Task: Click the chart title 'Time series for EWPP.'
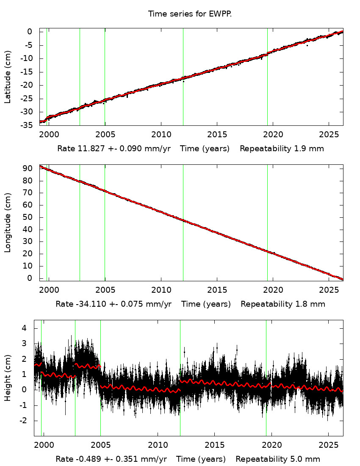(x=190, y=14)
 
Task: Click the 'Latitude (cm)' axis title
(x=8, y=77)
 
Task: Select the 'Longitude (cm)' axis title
(x=8, y=223)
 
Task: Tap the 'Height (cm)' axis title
(x=8, y=378)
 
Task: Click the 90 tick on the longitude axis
(x=28, y=169)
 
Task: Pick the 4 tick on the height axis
(x=25, y=328)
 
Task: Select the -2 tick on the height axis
(x=24, y=421)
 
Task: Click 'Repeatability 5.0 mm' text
(x=278, y=459)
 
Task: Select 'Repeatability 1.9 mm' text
(x=282, y=149)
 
